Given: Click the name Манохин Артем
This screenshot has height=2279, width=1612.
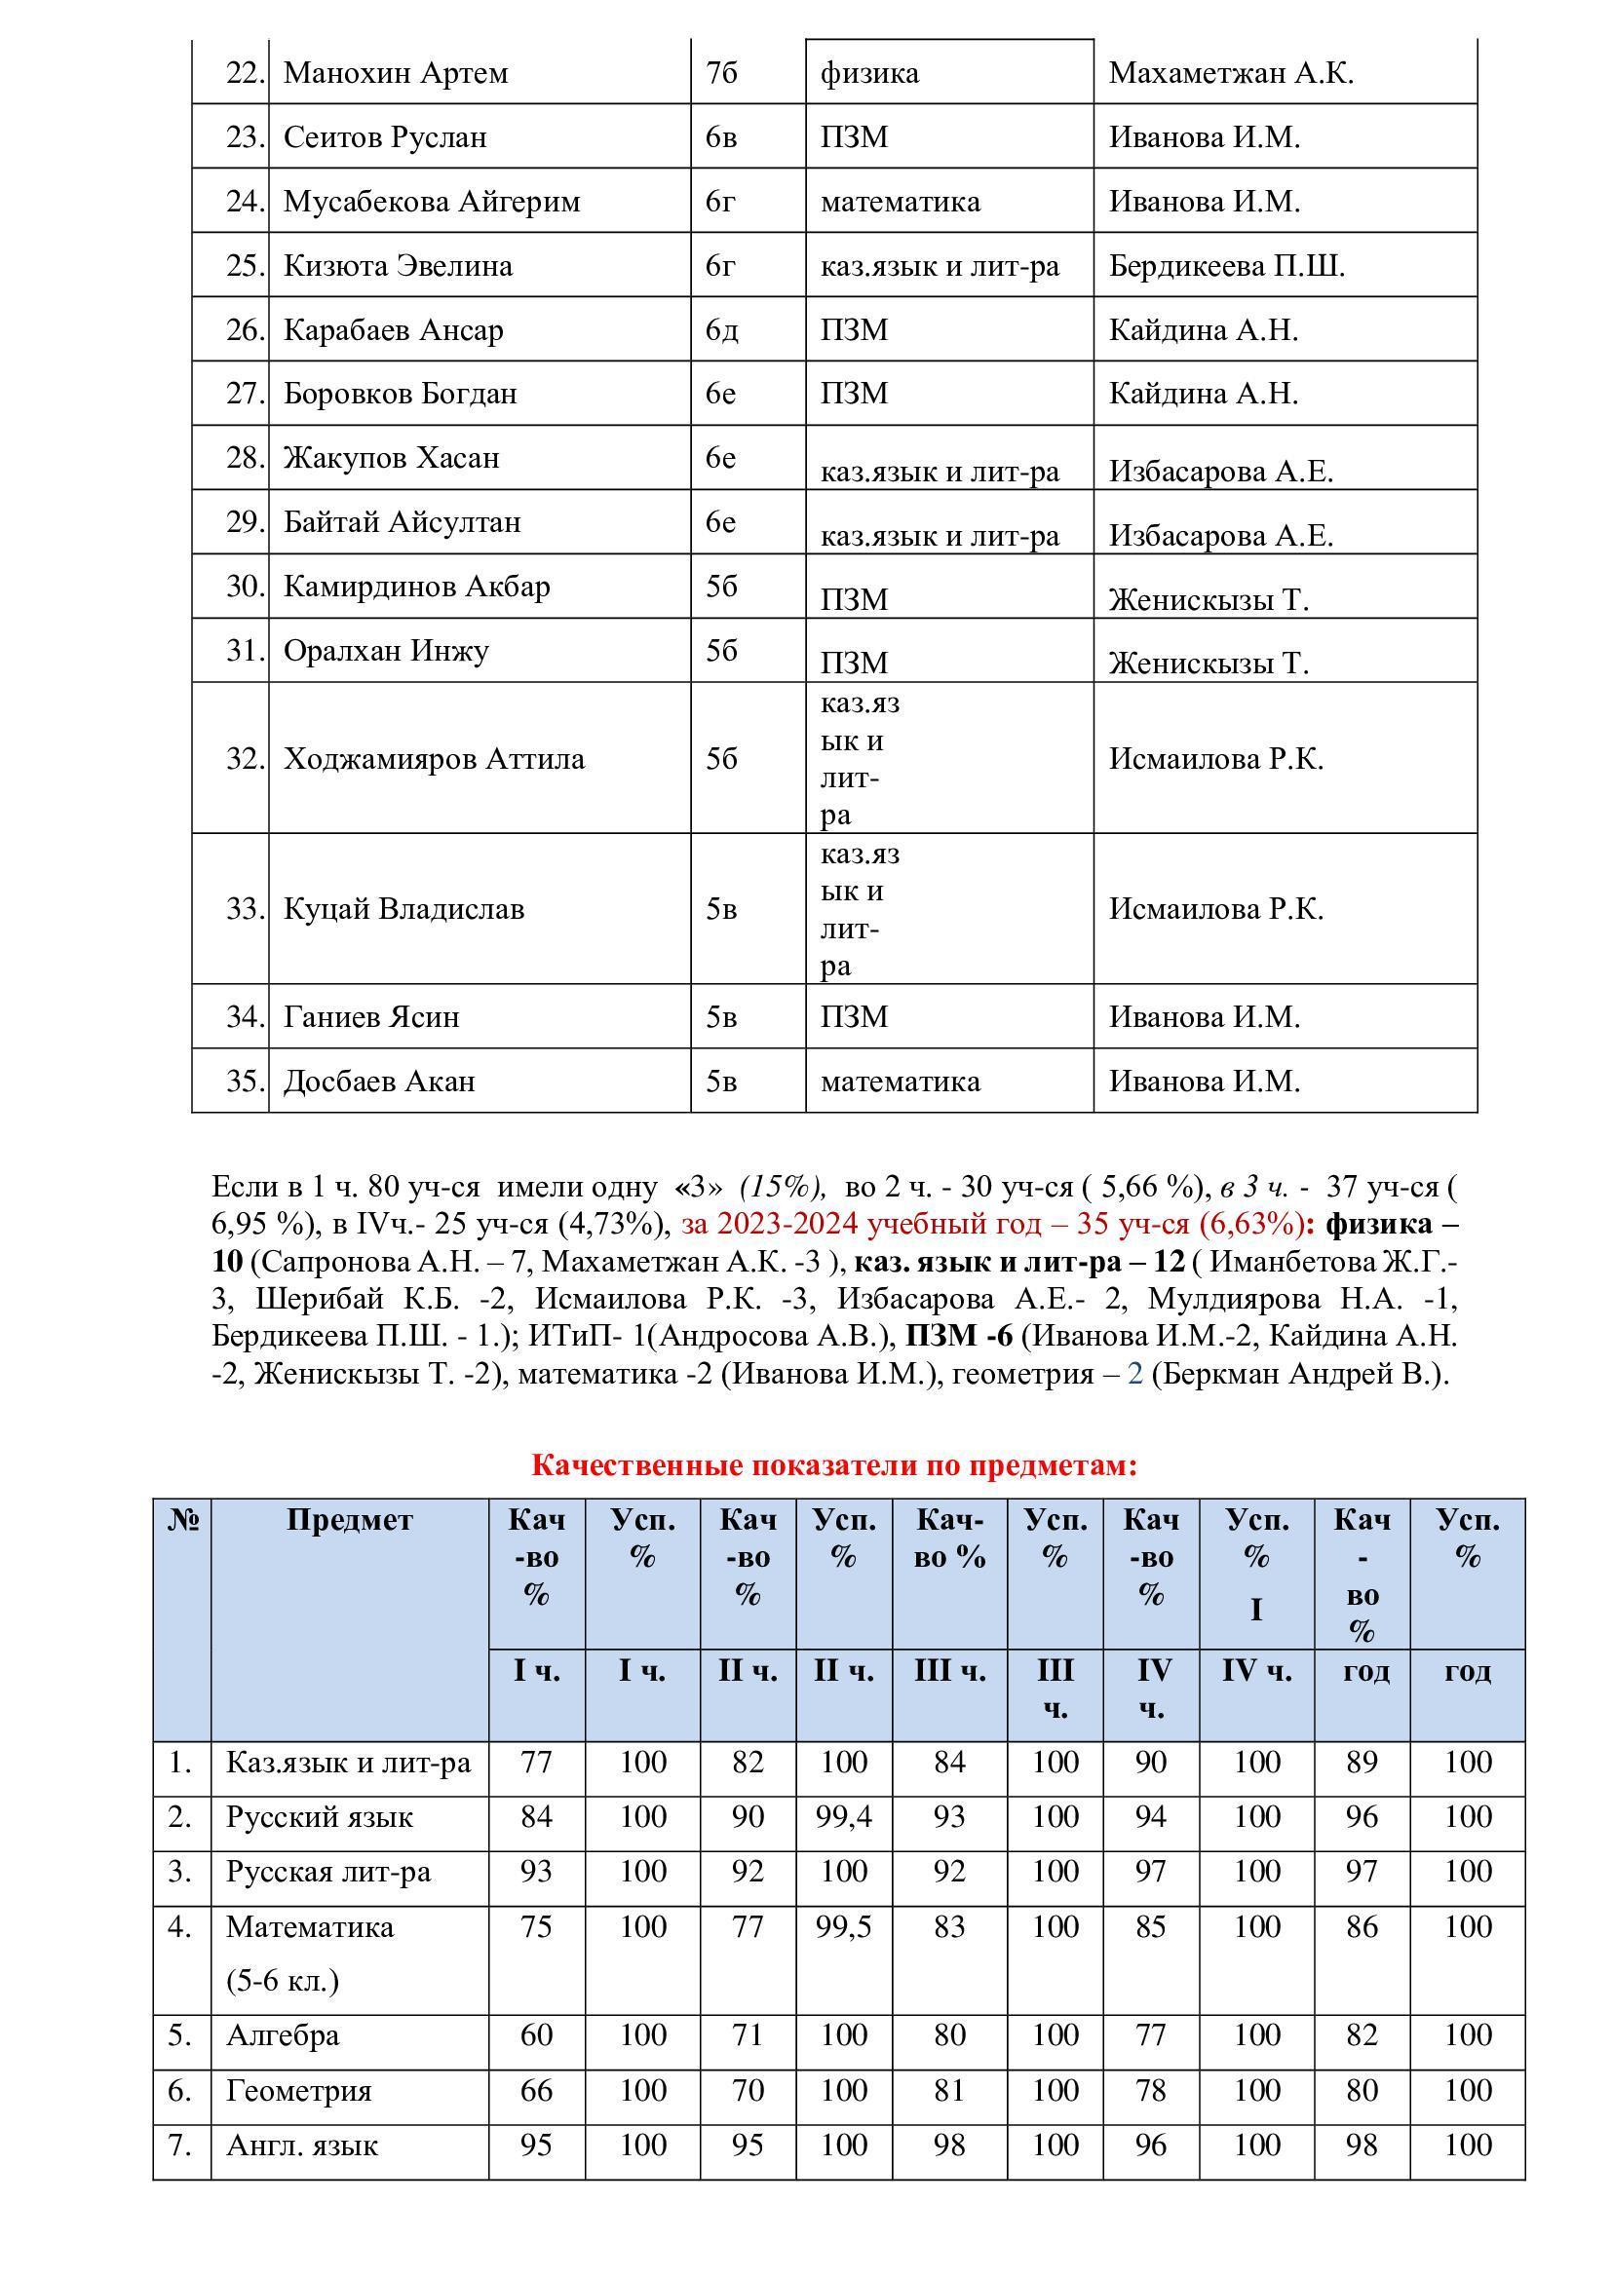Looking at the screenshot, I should click(x=395, y=73).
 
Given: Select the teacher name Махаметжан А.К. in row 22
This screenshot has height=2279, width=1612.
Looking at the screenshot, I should click(x=1231, y=73).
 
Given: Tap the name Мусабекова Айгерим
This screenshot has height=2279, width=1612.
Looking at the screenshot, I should click(x=432, y=202).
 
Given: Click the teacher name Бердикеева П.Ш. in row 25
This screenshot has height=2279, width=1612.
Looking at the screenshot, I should click(x=1227, y=266).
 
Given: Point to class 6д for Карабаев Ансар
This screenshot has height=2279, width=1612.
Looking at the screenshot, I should click(x=721, y=329).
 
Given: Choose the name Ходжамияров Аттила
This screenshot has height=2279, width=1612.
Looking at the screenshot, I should click(x=434, y=758).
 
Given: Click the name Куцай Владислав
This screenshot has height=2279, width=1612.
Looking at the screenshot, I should click(x=404, y=909).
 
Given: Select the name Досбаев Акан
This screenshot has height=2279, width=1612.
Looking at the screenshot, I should click(x=379, y=1081).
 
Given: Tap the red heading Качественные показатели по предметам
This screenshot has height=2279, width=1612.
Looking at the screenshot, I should click(x=834, y=1465).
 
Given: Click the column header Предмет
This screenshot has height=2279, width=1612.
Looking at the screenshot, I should click(x=350, y=1520).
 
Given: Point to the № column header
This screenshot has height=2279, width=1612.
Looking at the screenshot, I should click(x=182, y=1520).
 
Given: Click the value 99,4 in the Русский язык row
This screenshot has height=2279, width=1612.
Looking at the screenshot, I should click(x=844, y=1817).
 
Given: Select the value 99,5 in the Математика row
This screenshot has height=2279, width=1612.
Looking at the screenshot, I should click(x=844, y=1926).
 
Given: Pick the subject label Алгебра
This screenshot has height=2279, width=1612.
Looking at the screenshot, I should click(x=283, y=2035).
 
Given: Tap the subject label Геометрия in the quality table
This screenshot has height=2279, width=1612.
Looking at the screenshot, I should click(x=299, y=2091).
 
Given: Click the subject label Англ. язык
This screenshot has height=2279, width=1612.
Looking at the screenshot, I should click(x=302, y=2146).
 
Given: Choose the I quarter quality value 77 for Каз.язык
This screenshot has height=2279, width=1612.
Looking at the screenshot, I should click(x=536, y=1763).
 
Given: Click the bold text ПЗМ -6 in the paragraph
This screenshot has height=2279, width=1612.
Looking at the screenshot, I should click(x=959, y=1337).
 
